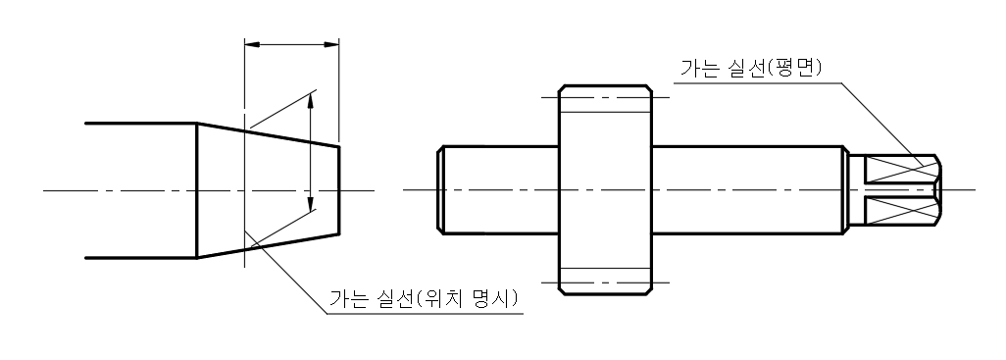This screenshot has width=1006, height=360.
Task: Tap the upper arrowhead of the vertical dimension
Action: pos(312,97)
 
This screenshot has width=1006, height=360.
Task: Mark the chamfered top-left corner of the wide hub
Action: pos(562,89)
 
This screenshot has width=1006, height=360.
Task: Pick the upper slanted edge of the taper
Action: pos(270,135)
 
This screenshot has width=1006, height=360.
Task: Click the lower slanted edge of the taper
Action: pos(270,245)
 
